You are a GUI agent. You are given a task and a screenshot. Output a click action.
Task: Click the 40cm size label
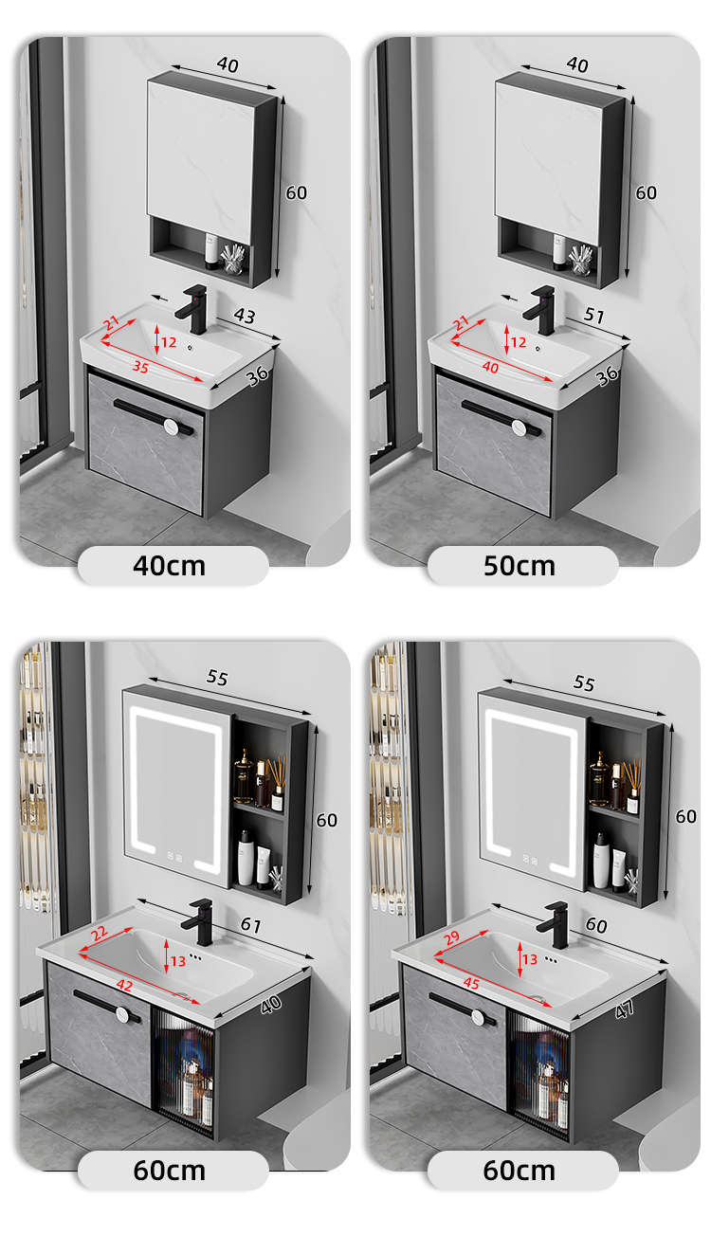click(x=169, y=566)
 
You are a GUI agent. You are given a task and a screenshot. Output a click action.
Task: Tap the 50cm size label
click(x=519, y=566)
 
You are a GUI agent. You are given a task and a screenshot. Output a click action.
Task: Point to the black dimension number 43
click(x=245, y=316)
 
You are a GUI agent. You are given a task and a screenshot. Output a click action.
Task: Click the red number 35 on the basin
click(x=140, y=367)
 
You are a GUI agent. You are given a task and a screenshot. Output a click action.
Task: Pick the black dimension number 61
click(x=250, y=924)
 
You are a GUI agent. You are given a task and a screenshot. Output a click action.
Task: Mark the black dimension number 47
click(x=625, y=1009)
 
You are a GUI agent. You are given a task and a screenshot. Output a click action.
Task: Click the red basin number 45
click(x=471, y=983)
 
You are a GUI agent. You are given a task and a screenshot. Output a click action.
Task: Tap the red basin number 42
click(x=125, y=985)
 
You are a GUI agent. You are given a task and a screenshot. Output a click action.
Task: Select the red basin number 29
click(x=451, y=938)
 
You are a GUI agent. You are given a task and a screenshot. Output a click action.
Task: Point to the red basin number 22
click(x=99, y=933)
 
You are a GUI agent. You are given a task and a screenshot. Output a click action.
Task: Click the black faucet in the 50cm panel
click(x=541, y=310)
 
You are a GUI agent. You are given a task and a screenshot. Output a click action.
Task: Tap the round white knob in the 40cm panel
click(x=172, y=426)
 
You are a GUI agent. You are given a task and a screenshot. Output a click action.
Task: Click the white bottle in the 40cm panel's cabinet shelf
click(x=211, y=251)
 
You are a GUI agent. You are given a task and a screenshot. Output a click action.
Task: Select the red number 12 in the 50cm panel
click(x=519, y=343)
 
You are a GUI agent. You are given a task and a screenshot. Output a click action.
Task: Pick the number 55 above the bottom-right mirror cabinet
click(x=584, y=683)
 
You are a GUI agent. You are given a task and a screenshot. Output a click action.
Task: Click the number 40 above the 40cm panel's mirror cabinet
click(x=228, y=64)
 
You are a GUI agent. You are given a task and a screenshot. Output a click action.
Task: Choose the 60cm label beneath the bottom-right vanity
click(x=519, y=1171)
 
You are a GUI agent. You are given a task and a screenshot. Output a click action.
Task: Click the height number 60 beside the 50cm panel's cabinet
click(x=647, y=192)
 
